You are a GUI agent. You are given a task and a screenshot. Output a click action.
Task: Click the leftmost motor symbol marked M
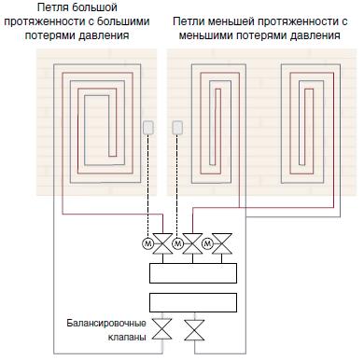coord(148,244)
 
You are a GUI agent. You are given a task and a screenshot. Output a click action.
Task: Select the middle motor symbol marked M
coord(177,244)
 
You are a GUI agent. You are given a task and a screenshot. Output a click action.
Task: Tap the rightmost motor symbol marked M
coord(207,244)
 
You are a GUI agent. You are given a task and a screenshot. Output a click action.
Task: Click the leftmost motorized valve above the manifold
coord(162,244)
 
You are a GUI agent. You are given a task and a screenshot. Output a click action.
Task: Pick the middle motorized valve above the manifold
coord(192,244)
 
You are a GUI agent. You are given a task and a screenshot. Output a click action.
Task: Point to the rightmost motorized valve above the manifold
coord(222,244)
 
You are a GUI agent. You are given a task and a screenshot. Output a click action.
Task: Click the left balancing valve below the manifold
coord(162,329)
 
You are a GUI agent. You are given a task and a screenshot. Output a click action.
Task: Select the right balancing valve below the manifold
coord(195,330)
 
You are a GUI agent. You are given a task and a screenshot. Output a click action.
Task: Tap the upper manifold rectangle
coord(193,273)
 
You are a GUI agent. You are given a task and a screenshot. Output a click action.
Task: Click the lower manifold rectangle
coord(193,303)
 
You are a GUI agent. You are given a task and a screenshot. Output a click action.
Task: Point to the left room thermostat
coord(147,128)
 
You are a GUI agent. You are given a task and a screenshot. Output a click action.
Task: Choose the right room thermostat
coord(177,128)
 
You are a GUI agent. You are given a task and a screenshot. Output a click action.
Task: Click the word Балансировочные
coord(106,324)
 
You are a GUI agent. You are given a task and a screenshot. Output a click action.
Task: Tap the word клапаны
coord(127,337)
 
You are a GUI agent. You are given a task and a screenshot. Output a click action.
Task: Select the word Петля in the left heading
coord(53,7)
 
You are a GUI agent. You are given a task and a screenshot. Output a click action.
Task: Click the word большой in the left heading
coord(94,7)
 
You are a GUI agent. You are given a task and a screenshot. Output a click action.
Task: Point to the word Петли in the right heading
coord(189,21)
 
